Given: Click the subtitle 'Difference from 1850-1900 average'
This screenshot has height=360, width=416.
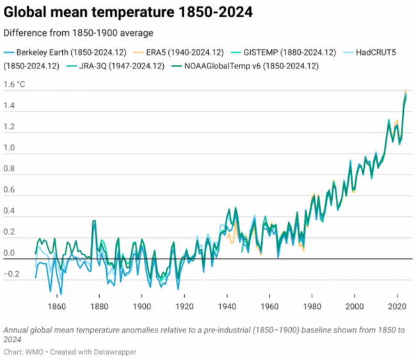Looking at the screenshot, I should [x=79, y=33].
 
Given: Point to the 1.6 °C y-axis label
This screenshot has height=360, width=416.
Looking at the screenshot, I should [x=15, y=84].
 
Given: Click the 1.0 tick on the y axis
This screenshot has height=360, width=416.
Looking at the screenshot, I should [x=10, y=148].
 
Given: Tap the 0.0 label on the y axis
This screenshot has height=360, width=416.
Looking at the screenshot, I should [x=10, y=253].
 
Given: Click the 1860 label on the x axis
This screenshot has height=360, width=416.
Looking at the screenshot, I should [x=56, y=307].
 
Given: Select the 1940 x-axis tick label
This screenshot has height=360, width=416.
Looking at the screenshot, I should [x=227, y=307].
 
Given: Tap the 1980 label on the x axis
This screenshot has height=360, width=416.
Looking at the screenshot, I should [x=312, y=307].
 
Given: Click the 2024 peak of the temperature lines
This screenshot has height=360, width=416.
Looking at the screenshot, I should [x=405, y=92].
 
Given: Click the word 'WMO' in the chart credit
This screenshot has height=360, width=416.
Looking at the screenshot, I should [x=36, y=352].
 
